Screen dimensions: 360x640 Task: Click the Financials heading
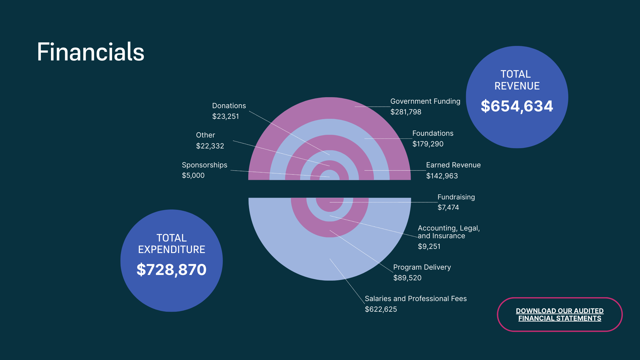(x=90, y=52)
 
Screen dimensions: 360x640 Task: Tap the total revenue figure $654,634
(x=517, y=106)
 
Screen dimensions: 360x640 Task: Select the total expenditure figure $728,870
(x=171, y=270)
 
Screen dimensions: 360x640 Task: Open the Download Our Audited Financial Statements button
(x=559, y=314)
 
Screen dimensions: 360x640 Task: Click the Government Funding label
(x=425, y=101)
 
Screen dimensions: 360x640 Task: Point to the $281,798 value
(x=406, y=112)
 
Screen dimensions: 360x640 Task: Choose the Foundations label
(x=433, y=133)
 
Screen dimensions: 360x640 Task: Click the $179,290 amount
(x=428, y=144)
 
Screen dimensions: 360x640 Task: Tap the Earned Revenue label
(x=453, y=165)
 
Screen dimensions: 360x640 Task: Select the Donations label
(x=229, y=106)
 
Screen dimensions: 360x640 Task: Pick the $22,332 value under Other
(x=210, y=146)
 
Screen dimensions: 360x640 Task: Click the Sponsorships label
(x=204, y=165)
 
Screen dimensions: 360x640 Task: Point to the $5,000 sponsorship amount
(x=193, y=175)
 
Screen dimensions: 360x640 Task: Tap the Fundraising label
(x=456, y=197)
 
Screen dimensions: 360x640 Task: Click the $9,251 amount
(x=429, y=247)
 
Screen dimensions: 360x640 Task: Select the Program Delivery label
(x=422, y=267)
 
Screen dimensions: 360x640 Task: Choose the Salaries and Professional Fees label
(x=416, y=299)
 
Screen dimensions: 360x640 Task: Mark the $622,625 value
(x=381, y=309)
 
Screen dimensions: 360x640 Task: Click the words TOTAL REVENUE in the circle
(x=517, y=80)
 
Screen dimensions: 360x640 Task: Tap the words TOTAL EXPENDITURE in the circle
(x=172, y=244)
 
